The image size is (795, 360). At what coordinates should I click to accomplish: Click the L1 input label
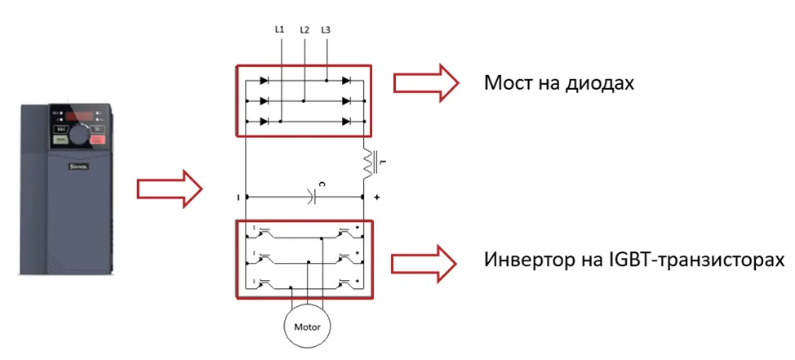pos(279,29)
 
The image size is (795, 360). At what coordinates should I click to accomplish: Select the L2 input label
pos(304,29)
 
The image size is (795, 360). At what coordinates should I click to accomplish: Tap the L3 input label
pos(326,29)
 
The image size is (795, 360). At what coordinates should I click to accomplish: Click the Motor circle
pos(308,328)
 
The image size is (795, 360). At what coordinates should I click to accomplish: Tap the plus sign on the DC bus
pos(377,198)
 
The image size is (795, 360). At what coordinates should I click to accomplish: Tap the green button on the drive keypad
pos(60,140)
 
